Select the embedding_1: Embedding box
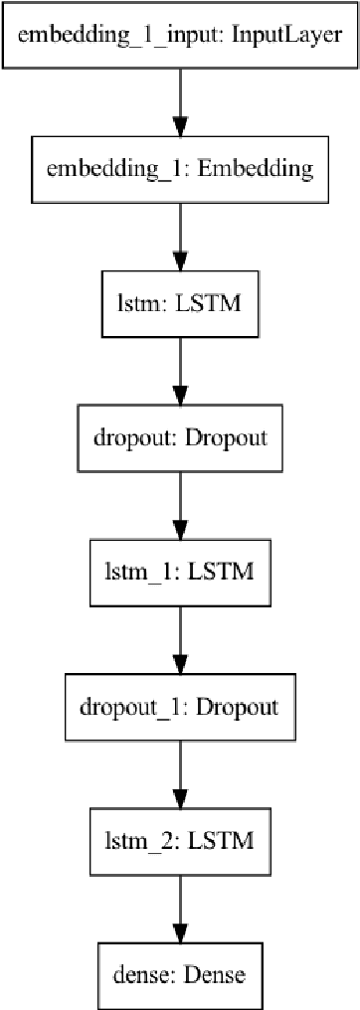point(180,169)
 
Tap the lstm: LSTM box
point(180,302)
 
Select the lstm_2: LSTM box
point(180,841)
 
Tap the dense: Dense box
point(180,975)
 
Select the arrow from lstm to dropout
point(180,370)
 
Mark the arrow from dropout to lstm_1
point(180,504)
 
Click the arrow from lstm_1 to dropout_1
point(180,639)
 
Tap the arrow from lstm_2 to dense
point(180,909)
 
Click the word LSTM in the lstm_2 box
point(225,841)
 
